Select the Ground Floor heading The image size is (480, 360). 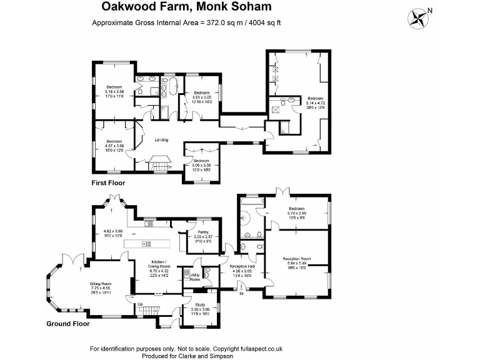pyautogui.click(x=68, y=324)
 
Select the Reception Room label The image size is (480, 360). pyautogui.click(x=297, y=258)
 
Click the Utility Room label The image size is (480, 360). pyautogui.click(x=196, y=277)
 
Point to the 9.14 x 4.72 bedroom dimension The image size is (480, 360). pyautogui.click(x=316, y=103)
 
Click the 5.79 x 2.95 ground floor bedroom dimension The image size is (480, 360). pyautogui.click(x=296, y=213)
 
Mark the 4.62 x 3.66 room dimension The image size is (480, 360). pyautogui.click(x=114, y=231)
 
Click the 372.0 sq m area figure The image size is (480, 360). pyautogui.click(x=222, y=23)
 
